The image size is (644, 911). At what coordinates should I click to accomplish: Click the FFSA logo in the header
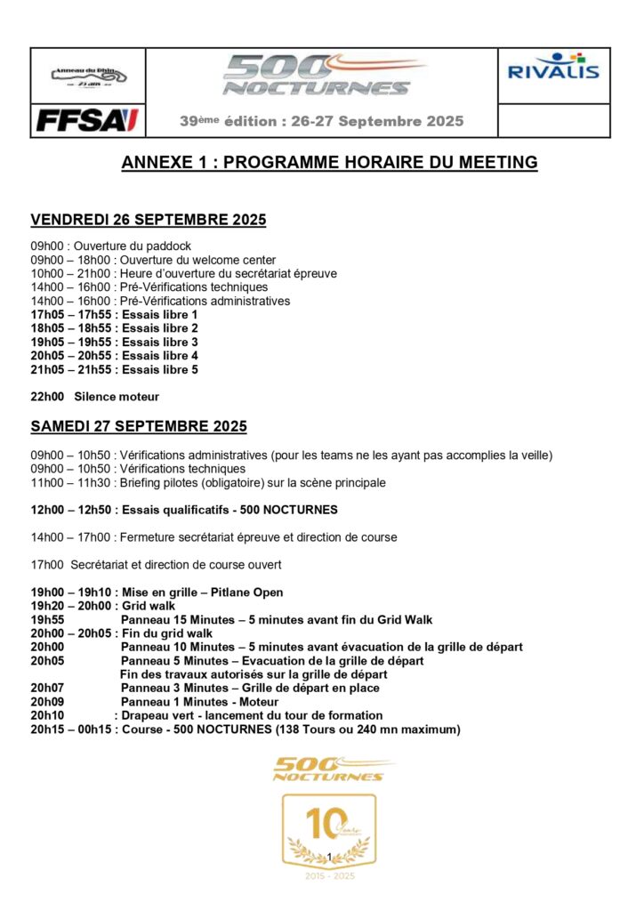coord(87,120)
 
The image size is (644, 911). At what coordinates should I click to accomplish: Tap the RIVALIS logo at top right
coord(553,68)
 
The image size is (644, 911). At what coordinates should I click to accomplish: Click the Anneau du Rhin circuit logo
coord(88,76)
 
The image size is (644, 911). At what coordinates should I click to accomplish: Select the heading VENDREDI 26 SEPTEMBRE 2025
coord(149,220)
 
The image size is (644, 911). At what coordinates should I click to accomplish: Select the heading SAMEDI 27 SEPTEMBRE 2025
coord(139,427)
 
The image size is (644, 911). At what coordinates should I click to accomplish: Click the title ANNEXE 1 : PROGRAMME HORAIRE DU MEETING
coord(329,162)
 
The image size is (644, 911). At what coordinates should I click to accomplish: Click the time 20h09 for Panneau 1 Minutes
coord(47,701)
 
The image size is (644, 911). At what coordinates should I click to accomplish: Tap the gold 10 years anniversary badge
coord(329,830)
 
